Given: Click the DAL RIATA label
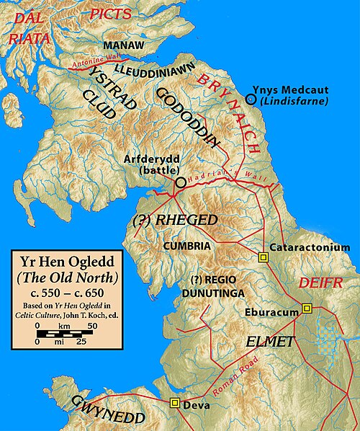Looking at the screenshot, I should pos(29,27).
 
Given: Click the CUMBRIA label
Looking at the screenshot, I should pos(186,246).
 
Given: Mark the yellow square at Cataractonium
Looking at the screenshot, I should pos(262,257).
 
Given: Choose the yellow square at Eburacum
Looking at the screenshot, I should pos(307,308).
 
